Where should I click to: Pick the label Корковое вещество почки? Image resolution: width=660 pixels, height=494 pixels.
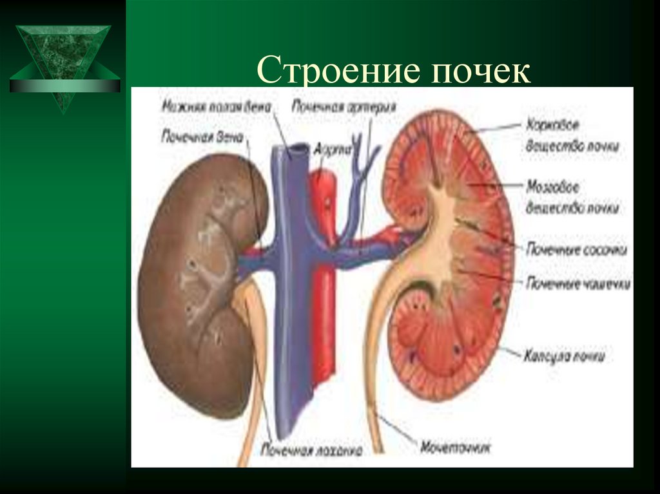(572, 135)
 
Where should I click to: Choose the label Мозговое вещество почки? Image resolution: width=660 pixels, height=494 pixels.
(572, 197)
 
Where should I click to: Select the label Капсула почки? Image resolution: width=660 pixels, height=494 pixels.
(564, 355)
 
